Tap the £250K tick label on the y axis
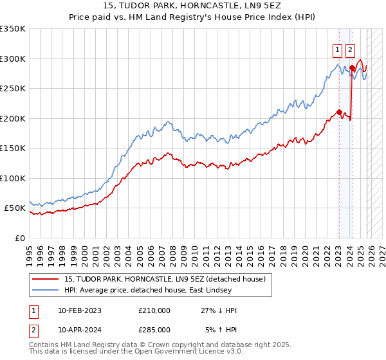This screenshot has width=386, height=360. [x=13, y=89]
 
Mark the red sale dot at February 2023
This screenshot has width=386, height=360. [x=339, y=112]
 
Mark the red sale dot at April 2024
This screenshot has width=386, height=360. [x=352, y=67]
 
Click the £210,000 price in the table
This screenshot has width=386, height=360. [x=154, y=310]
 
